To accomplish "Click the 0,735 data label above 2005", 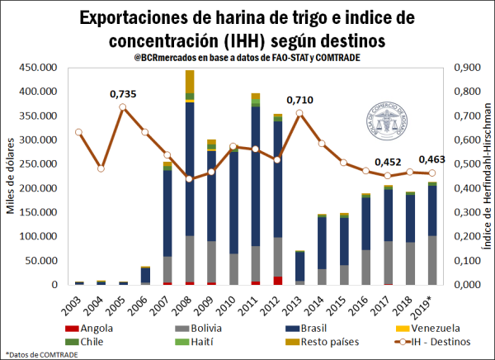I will [x=123, y=95].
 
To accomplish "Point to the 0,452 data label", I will [x=389, y=163].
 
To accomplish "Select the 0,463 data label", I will [x=433, y=159].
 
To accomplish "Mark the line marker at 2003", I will [x=79, y=132].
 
